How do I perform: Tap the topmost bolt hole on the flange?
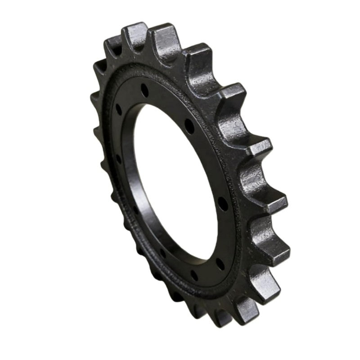click(143, 87)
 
